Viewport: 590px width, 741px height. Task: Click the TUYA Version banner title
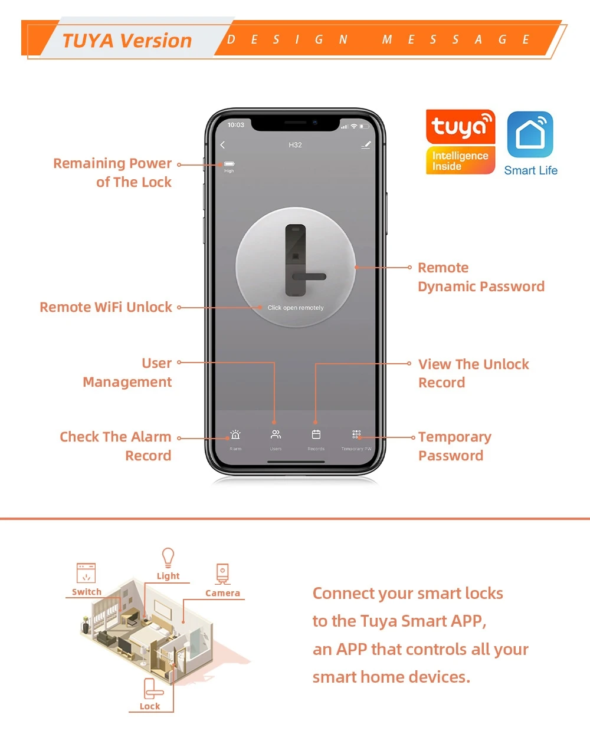point(127,41)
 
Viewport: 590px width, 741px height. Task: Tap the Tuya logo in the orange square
point(460,127)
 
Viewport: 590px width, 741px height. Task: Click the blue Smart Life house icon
point(530,134)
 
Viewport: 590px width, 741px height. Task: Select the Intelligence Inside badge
point(460,161)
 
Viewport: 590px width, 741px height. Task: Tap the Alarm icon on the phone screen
point(235,435)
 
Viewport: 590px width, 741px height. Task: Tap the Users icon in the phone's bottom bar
point(276,434)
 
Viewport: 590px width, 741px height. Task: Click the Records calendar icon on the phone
point(316,434)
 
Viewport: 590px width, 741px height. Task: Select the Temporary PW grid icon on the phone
point(356,434)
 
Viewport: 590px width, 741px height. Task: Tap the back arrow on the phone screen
point(222,145)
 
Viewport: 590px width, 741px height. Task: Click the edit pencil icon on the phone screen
point(366,145)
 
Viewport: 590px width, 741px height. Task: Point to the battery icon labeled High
point(229,164)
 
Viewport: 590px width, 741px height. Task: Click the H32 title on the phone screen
point(295,145)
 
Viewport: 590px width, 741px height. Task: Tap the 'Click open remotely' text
point(296,308)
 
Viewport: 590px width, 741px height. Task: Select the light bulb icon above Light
point(168,558)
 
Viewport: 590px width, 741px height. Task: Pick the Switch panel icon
point(86,573)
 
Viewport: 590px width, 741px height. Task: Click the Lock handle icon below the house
point(152,689)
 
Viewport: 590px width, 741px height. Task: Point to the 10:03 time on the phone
point(236,125)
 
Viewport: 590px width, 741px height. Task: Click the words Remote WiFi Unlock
point(106,307)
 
